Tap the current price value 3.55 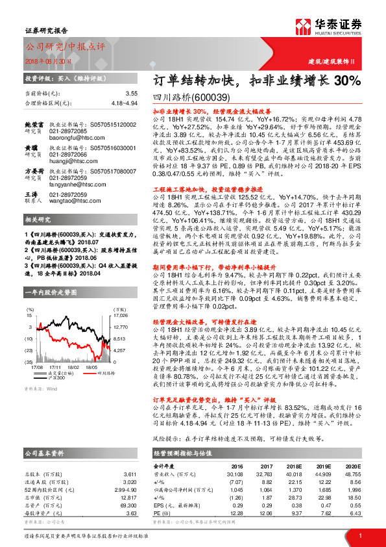coord(132,94)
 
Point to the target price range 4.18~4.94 coord(124,103)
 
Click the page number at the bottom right coord(359,535)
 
